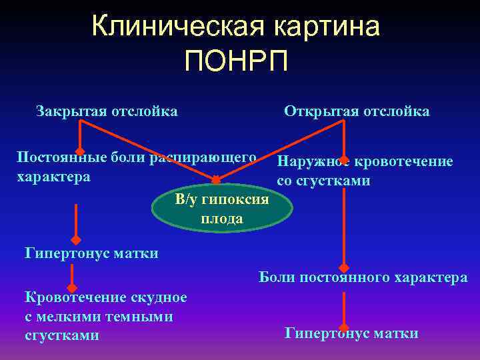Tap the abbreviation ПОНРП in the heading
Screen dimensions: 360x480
pyautogui.click(x=237, y=63)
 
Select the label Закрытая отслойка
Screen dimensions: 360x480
pyautogui.click(x=107, y=111)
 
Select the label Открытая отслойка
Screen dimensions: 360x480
pyautogui.click(x=357, y=111)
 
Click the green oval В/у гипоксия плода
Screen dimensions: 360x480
pyautogui.click(x=222, y=209)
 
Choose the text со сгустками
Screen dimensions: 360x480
pyautogui.click(x=324, y=181)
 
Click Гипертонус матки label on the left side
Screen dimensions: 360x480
pyautogui.click(x=91, y=253)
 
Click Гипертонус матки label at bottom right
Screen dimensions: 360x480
pyautogui.click(x=351, y=333)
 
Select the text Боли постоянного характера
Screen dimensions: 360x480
pyautogui.click(x=363, y=277)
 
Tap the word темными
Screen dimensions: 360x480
pyautogui.click(x=140, y=316)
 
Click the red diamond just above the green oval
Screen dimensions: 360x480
pyautogui.click(x=216, y=180)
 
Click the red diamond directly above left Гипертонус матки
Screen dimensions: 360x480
pyautogui.click(x=76, y=239)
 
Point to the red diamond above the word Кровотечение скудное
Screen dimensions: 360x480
pyautogui.click(x=76, y=288)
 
